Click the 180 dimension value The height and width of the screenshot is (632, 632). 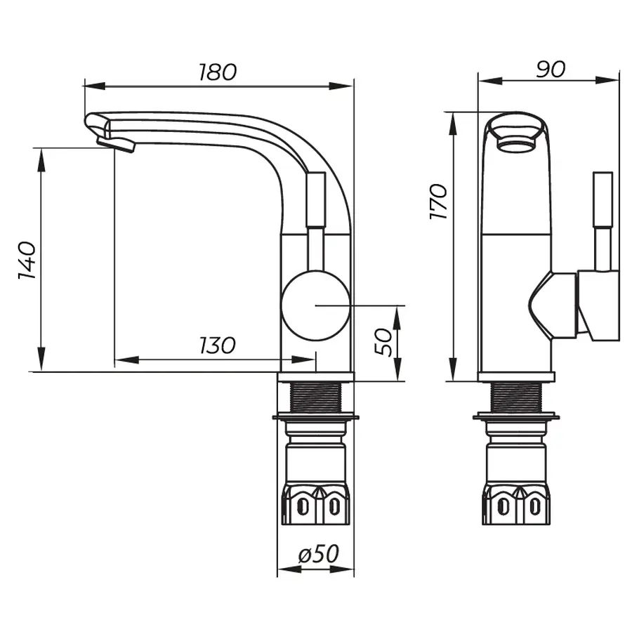[x=217, y=72]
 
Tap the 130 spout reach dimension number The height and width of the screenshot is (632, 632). [x=217, y=345]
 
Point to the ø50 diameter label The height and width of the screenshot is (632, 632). [x=318, y=554]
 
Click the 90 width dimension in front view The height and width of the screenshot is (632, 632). [x=551, y=68]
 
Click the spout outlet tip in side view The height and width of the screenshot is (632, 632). [x=116, y=144]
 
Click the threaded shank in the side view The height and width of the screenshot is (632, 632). [x=315, y=397]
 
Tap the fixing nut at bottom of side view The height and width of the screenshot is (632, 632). [x=316, y=504]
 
